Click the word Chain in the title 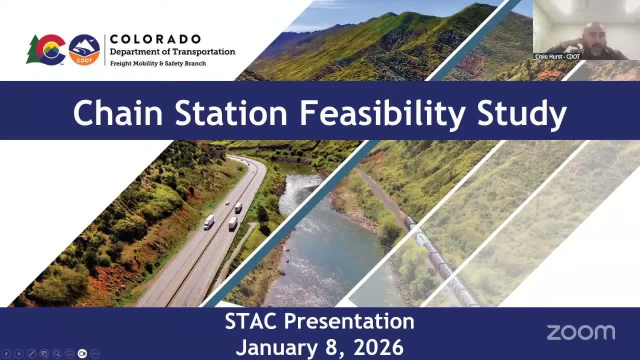coord(118,113)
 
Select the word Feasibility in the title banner coord(382,113)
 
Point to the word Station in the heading coord(231,113)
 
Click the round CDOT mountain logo coord(84,49)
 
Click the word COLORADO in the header coord(155,39)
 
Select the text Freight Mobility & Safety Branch coord(158,63)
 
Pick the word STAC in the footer coord(251,321)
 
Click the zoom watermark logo coord(580,332)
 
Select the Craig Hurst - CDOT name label coord(557,56)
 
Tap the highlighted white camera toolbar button coord(82,353)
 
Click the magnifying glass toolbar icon coord(56,353)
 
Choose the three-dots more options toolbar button coord(95,353)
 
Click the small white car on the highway coord(227,203)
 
